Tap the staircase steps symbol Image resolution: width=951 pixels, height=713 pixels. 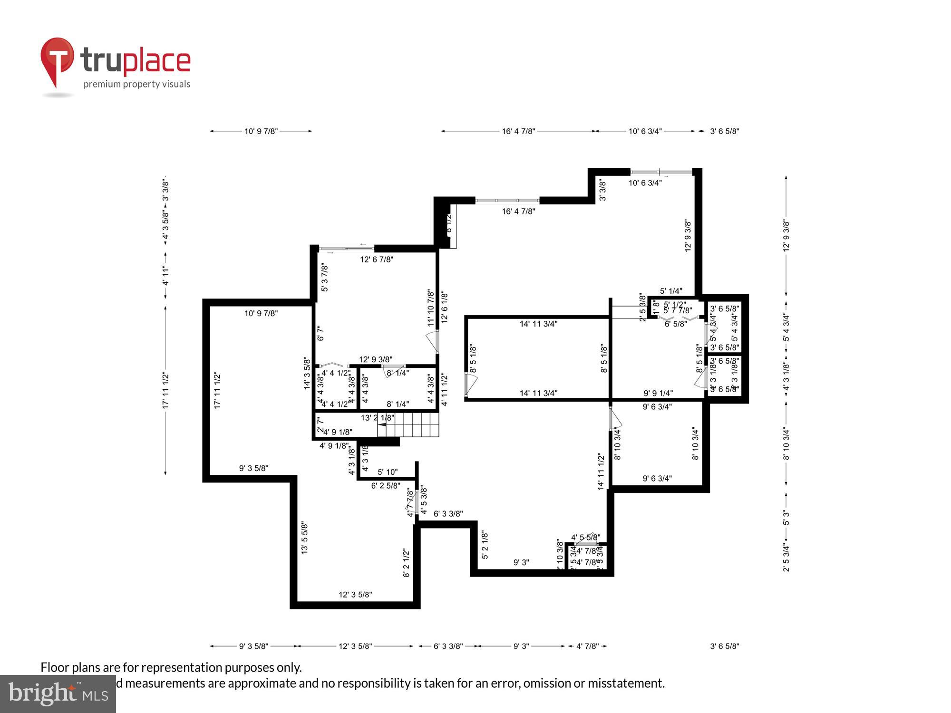click(x=408, y=424)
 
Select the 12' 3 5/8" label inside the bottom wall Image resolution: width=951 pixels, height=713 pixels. click(x=355, y=595)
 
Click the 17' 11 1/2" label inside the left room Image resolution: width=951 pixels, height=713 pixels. click(x=217, y=391)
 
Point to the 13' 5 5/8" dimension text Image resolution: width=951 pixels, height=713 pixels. click(x=305, y=538)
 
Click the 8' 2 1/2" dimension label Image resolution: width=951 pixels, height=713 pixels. click(x=407, y=563)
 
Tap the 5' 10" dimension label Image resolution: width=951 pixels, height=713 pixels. click(x=388, y=472)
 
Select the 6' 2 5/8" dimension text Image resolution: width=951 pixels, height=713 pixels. click(x=386, y=486)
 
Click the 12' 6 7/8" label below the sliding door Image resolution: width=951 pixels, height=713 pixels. click(x=377, y=260)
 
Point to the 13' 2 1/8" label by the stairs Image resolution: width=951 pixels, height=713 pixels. click(x=377, y=418)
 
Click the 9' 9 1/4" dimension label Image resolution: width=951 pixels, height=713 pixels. click(x=658, y=393)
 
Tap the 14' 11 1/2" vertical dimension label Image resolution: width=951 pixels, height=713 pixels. click(x=602, y=471)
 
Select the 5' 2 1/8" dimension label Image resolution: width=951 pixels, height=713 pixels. click(x=485, y=545)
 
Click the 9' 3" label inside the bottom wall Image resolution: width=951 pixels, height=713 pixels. click(x=521, y=562)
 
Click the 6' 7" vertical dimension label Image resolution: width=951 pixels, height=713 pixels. click(x=320, y=333)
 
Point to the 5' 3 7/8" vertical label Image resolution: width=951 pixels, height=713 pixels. click(x=325, y=278)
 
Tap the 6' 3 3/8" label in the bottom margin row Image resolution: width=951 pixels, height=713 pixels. click(x=448, y=646)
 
